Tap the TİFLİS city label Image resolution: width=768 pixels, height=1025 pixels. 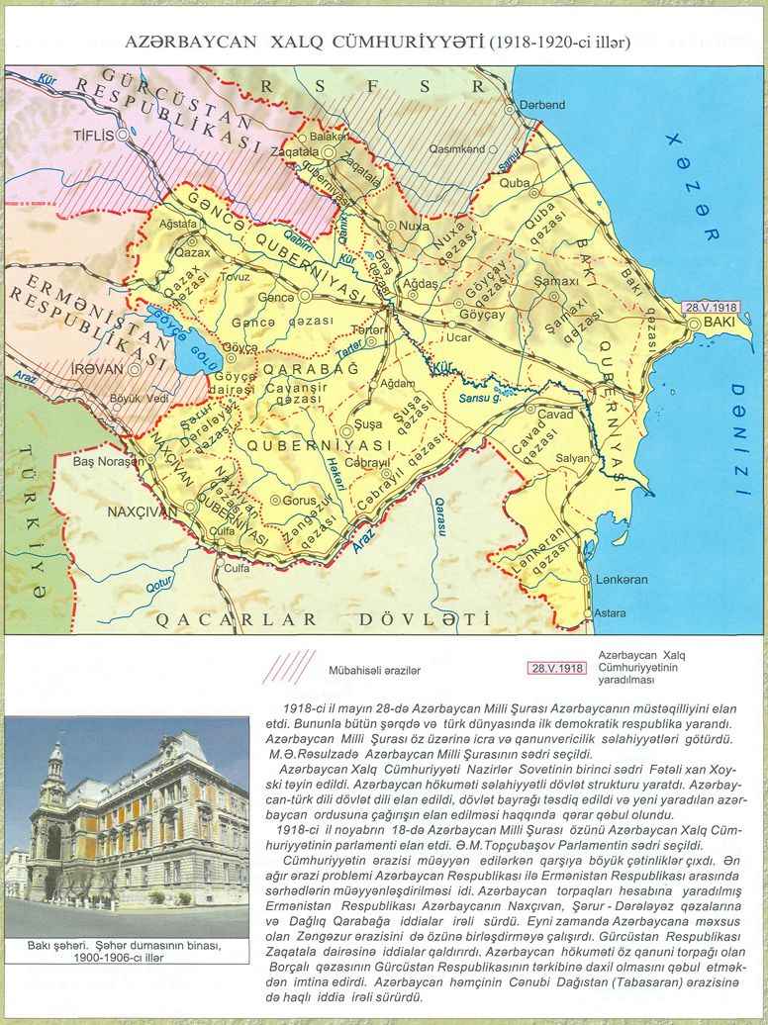(95, 135)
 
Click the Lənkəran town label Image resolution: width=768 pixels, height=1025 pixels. (622, 580)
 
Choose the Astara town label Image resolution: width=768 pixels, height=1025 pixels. (610, 613)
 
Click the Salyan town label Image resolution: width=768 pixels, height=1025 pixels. (573, 460)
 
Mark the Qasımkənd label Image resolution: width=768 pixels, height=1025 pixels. (457, 149)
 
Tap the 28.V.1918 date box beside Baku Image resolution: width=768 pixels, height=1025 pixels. (713, 307)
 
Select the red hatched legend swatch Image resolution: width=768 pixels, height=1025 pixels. (287, 667)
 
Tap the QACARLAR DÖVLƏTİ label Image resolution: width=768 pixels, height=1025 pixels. (323, 620)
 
